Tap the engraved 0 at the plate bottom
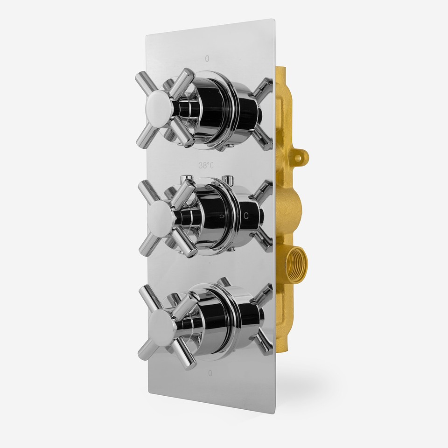point(210,373)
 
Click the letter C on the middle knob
point(246,215)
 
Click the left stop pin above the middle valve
point(186,175)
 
